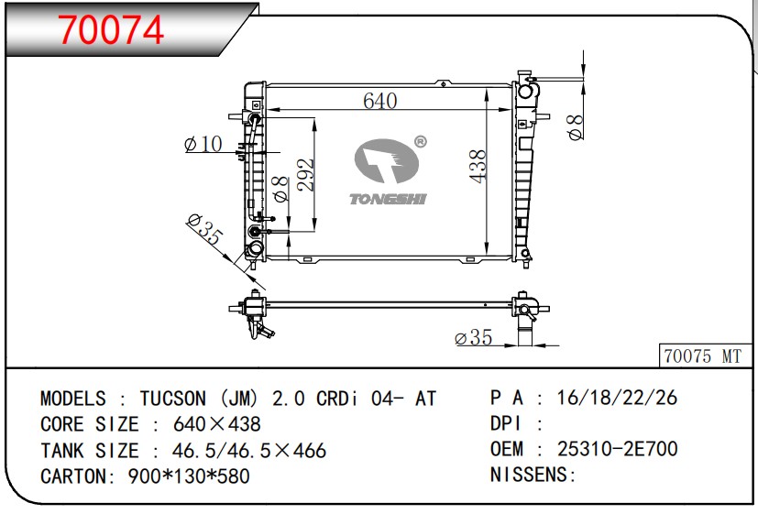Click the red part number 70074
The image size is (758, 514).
click(111, 30)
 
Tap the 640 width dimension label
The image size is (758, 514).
click(380, 101)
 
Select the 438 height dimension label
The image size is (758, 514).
click(478, 166)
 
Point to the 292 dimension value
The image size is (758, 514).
click(305, 174)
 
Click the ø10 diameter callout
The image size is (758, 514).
click(203, 144)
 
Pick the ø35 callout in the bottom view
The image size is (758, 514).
click(474, 337)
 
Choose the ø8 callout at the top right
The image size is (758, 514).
click(576, 127)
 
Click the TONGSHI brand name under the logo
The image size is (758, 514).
click(388, 199)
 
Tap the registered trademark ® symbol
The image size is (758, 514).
click(421, 141)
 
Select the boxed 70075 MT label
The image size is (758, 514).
click(702, 356)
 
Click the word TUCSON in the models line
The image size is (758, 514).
click(173, 399)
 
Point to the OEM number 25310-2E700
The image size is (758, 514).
click(618, 449)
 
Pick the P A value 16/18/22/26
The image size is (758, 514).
click(618, 398)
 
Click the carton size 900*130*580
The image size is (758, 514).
click(189, 476)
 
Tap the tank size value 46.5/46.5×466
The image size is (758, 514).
click(249, 450)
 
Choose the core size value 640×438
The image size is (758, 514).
click(217, 424)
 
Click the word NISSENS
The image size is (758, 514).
click(529, 475)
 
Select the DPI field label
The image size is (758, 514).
click(505, 423)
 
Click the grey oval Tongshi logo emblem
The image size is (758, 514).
click(387, 161)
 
